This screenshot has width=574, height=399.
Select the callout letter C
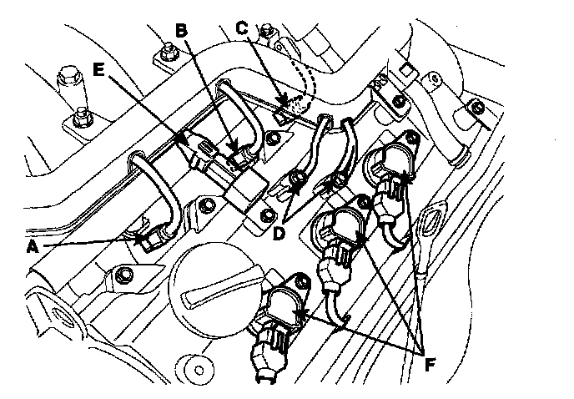click(x=241, y=27)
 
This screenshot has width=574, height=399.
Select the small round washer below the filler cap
click(x=199, y=366)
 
